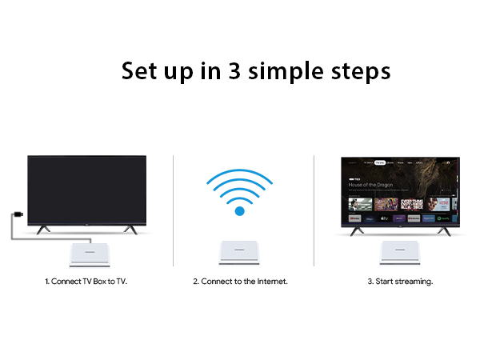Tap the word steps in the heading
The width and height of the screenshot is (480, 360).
[x=361, y=72]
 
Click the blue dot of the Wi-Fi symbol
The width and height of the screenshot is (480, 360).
[x=239, y=211]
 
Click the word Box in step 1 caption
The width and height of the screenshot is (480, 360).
[x=95, y=282]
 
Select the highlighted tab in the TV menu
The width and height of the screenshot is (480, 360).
[x=380, y=162]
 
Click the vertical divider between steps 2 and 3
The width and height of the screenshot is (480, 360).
[x=314, y=210]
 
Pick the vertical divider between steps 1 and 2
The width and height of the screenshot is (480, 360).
[x=174, y=210]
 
